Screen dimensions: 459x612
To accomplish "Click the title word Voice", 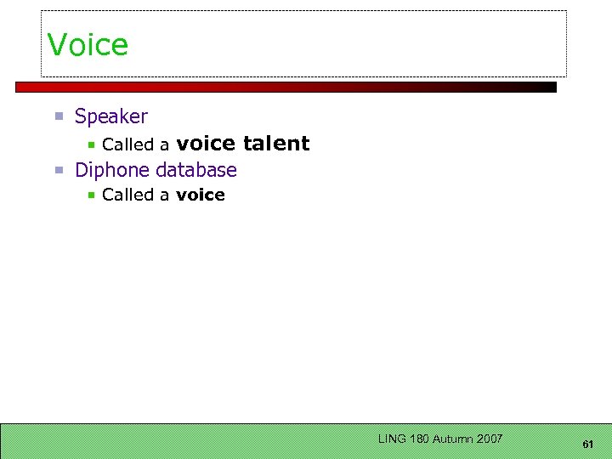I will click(x=88, y=45).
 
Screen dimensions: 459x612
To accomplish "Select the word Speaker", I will click(x=111, y=116).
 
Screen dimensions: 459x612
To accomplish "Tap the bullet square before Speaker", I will click(x=59, y=116).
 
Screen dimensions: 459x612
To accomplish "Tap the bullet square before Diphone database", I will click(x=59, y=170).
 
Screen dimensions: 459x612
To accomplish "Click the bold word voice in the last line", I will click(x=201, y=195).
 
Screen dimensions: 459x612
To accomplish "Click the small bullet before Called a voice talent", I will click(x=92, y=145).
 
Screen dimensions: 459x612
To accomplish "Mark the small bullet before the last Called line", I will click(x=92, y=195).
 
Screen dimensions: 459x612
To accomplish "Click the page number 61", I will click(x=587, y=445).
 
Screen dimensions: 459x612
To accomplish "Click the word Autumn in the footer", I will click(x=453, y=439).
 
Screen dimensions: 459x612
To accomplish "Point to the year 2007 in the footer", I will click(x=490, y=439).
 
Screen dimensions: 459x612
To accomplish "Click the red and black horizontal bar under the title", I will click(x=286, y=87).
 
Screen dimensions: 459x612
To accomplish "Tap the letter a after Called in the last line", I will click(x=165, y=195).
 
